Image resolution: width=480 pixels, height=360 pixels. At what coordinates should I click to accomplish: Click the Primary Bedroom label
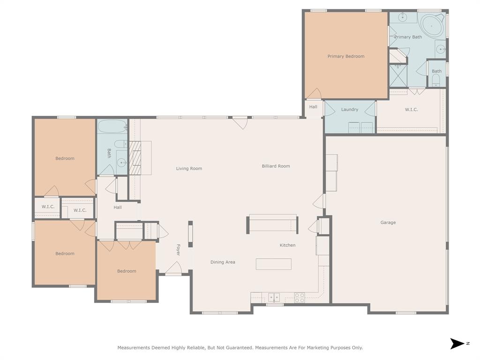pos(345,56)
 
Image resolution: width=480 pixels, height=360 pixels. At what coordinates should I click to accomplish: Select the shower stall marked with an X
pos(398,75)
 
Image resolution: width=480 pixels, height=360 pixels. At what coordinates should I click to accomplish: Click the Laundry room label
pos(350,110)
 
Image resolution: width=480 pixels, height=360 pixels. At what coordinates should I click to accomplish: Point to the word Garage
pos(388,223)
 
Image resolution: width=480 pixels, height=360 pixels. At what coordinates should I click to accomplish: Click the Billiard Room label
pos(276,166)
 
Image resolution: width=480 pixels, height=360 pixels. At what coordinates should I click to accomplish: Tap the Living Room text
pos(189,169)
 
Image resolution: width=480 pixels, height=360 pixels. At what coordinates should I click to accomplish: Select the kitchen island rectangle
pos(273,264)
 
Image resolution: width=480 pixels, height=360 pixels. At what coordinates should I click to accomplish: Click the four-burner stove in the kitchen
pos(300,297)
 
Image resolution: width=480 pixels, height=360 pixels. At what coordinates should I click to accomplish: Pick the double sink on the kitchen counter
pos(274,297)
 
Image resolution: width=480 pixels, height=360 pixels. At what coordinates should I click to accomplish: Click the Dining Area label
pos(223,262)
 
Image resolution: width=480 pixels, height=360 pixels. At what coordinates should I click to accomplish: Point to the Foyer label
pos(178,250)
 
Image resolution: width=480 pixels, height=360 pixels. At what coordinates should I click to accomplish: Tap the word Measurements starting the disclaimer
pos(133,348)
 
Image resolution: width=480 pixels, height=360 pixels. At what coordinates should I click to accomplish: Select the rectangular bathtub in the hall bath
pos(112,126)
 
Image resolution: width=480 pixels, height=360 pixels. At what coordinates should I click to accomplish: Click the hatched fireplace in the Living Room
pos(135,158)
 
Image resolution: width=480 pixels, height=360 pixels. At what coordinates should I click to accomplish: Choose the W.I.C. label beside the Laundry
pos(411,110)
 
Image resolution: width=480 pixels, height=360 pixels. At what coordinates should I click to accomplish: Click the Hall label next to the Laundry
pos(313,107)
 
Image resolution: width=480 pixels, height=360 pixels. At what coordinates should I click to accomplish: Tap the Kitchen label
pos(287,245)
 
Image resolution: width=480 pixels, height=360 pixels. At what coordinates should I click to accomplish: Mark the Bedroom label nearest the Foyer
pos(127,271)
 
